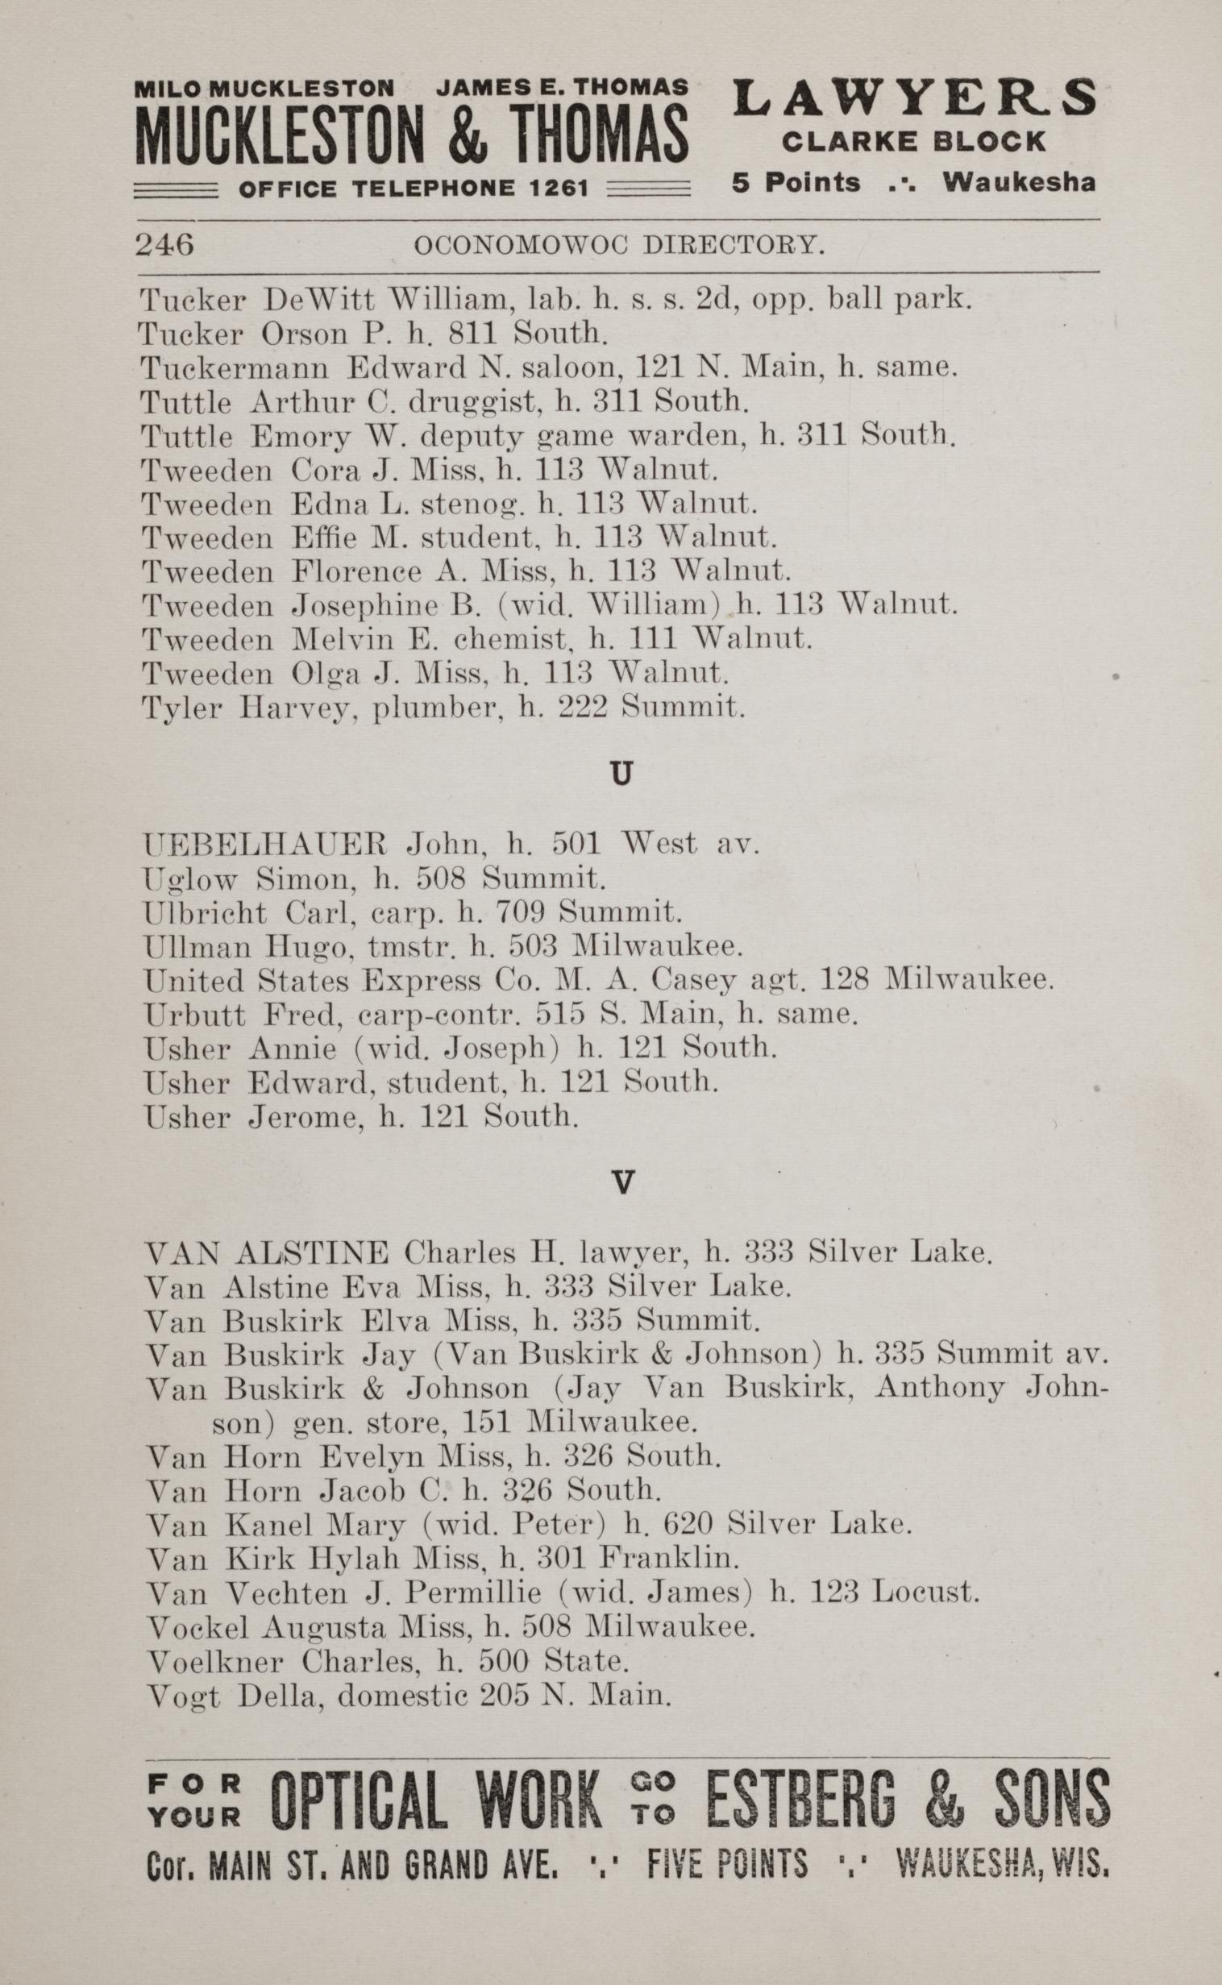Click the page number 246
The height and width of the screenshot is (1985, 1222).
point(165,244)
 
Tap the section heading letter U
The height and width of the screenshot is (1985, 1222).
point(620,774)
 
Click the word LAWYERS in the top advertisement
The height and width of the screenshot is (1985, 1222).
point(914,98)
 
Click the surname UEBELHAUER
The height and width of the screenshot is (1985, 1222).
point(265,845)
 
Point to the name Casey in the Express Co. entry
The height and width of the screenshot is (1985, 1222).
point(693,981)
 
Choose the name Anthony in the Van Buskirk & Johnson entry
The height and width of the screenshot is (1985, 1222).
point(939,1388)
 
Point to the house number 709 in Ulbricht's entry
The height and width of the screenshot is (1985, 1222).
point(512,913)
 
